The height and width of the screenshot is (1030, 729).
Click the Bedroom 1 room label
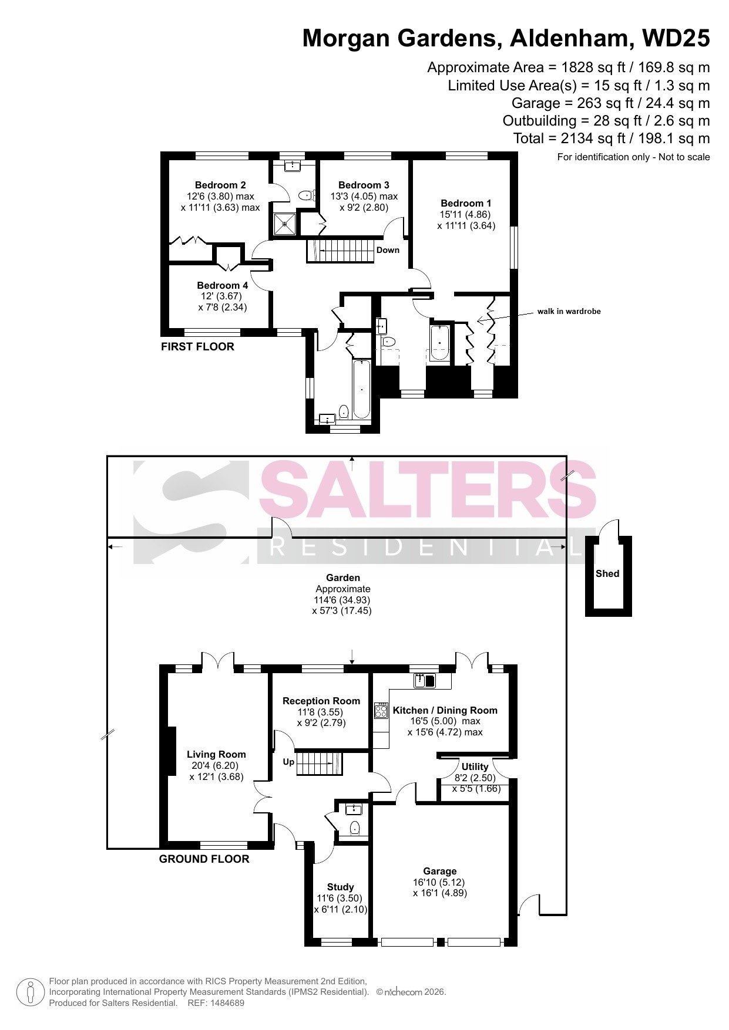(466, 204)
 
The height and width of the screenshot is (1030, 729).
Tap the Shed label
(607, 573)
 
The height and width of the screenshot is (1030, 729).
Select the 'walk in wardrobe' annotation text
(569, 312)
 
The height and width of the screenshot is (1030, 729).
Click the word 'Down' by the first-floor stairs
(388, 250)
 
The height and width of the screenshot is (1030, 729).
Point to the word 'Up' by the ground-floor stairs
(288, 762)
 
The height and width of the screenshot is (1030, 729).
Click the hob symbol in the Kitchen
(381, 711)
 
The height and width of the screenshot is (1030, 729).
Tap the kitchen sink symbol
(425, 681)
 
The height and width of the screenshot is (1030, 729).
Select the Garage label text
(440, 871)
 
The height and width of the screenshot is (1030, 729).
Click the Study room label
(340, 887)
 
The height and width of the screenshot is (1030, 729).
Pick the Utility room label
(475, 766)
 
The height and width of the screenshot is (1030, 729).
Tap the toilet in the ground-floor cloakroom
(354, 828)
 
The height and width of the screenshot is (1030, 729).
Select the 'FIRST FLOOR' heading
(197, 346)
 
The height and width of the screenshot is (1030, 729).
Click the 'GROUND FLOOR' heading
(204, 859)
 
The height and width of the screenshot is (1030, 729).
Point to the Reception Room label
(321, 701)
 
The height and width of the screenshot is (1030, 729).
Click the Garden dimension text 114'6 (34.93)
(342, 600)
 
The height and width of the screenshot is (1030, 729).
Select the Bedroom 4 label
(222, 285)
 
